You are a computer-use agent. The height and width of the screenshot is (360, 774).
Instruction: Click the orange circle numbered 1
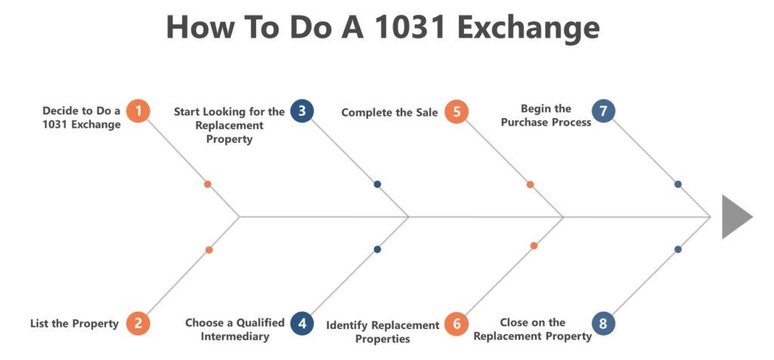(x=138, y=110)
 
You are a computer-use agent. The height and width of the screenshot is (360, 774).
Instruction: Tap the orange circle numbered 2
(x=138, y=324)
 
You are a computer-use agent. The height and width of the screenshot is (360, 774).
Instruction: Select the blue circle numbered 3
(x=302, y=110)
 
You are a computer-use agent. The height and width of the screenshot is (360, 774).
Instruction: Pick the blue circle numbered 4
(x=302, y=324)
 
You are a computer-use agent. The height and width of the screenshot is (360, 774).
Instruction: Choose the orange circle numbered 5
(x=457, y=112)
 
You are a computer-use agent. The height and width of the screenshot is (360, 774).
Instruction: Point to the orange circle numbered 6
(x=457, y=324)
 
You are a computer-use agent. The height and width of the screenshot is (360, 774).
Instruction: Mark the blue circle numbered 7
(x=603, y=110)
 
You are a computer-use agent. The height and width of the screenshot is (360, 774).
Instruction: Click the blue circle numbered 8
(x=603, y=324)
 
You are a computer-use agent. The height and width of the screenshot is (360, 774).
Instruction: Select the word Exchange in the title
(x=528, y=28)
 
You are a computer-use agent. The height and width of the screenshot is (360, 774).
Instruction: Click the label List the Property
(x=75, y=324)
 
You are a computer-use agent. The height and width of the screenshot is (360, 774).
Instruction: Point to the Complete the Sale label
(x=389, y=113)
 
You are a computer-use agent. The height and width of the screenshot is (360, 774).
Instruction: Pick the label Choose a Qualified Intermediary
(x=235, y=330)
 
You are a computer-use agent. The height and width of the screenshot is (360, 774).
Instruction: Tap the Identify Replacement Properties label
(x=382, y=332)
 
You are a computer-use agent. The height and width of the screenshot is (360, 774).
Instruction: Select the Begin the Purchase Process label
(x=546, y=115)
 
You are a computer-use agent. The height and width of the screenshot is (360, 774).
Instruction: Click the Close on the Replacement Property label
(x=533, y=330)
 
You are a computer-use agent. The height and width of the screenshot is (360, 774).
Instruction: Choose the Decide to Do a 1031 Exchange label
(x=82, y=117)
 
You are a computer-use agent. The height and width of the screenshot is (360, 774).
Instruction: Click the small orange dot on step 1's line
(x=208, y=185)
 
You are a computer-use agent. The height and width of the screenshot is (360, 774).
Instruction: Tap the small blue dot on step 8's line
(x=678, y=250)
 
